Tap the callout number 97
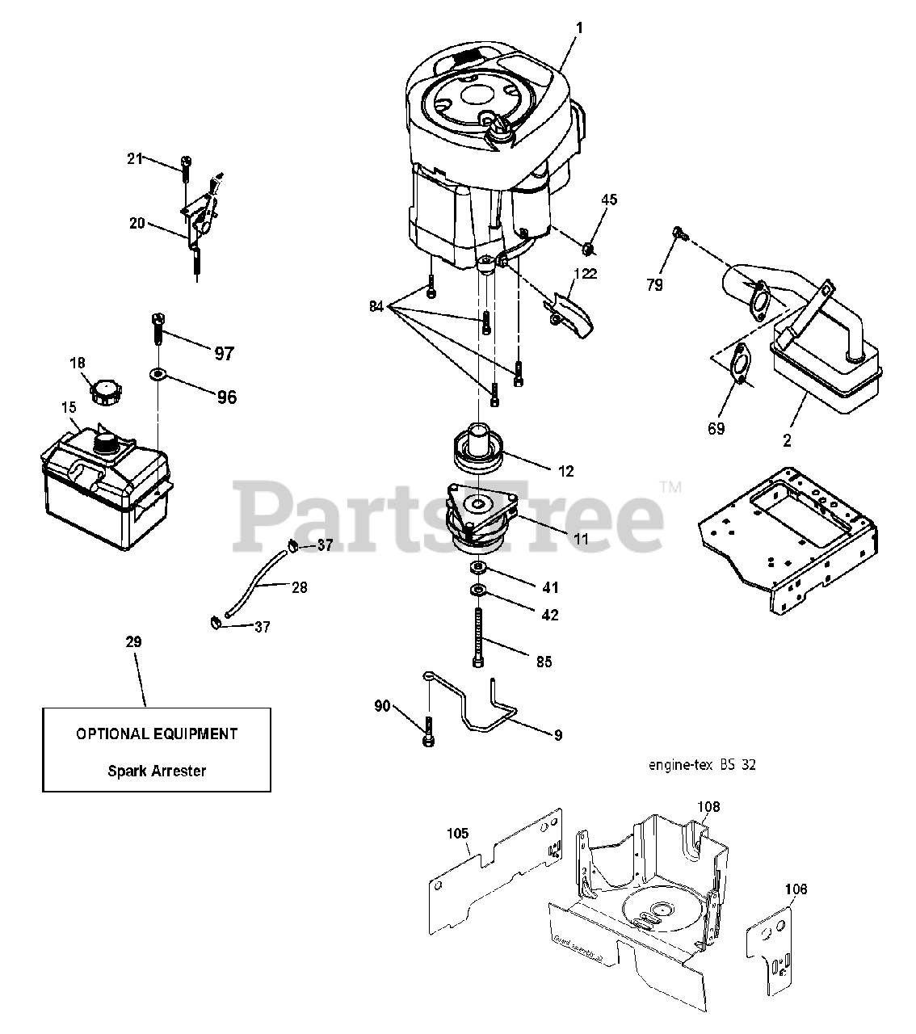224,353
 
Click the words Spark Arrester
157,771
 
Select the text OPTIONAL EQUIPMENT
157,734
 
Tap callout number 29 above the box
133,642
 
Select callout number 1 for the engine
579,27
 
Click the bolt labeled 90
426,730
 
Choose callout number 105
457,831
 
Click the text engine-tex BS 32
702,764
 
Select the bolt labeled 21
186,166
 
